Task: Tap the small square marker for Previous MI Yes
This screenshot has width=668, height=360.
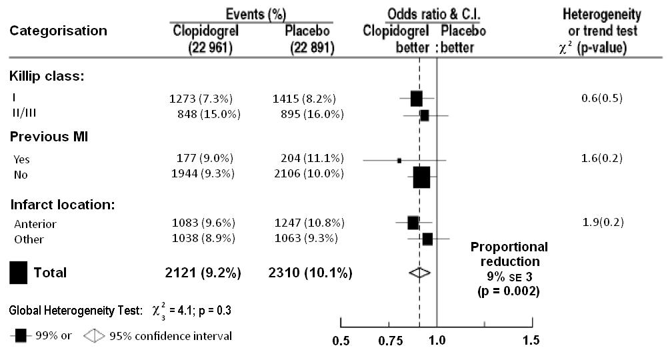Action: click(x=399, y=161)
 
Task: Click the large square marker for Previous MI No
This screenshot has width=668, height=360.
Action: click(x=421, y=177)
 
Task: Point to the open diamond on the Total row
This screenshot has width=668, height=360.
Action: click(x=419, y=273)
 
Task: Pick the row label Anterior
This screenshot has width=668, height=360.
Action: click(x=35, y=224)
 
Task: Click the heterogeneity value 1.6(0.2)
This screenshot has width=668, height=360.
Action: click(x=602, y=159)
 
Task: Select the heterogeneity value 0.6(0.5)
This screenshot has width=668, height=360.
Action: click(x=602, y=99)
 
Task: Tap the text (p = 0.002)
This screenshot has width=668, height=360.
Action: click(x=509, y=291)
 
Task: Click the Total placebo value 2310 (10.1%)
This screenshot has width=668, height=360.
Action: click(x=310, y=273)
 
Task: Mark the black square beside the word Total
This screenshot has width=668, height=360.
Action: click(x=19, y=273)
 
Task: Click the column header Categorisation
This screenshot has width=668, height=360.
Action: click(x=58, y=31)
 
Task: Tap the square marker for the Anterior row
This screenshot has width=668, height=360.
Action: click(x=413, y=223)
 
